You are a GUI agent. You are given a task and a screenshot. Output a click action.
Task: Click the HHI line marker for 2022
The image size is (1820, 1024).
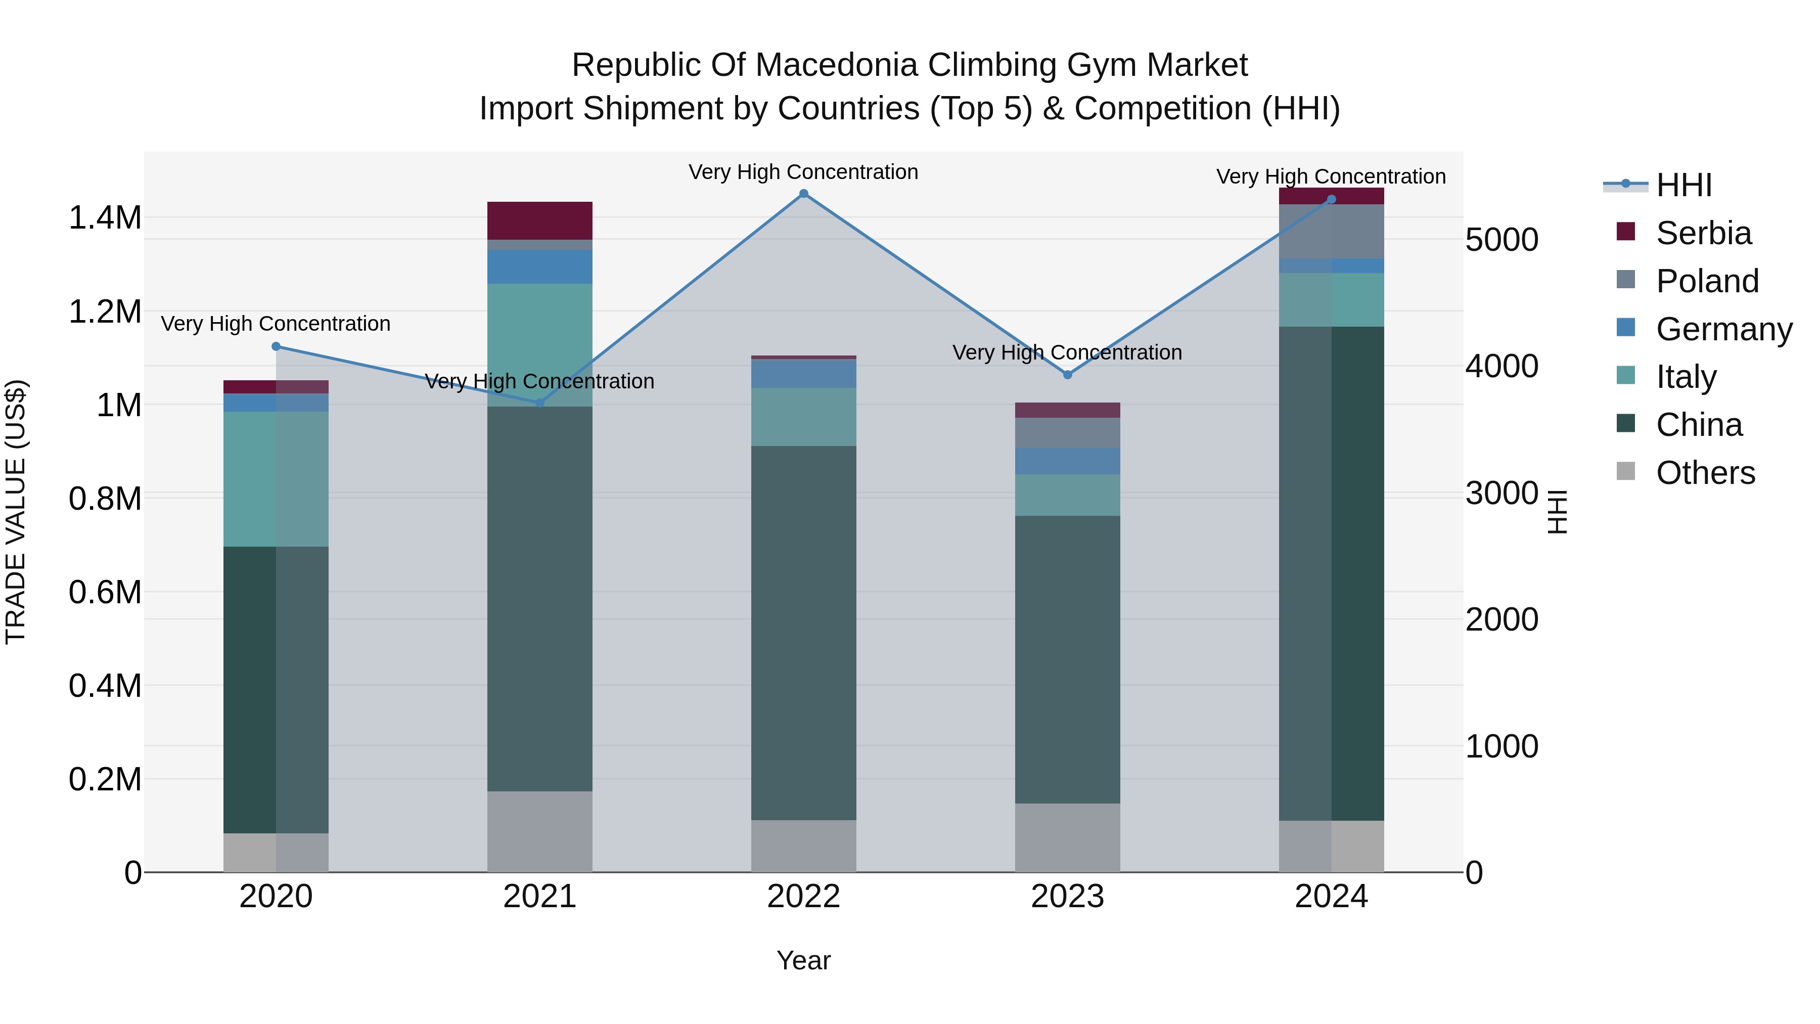pyautogui.click(x=803, y=194)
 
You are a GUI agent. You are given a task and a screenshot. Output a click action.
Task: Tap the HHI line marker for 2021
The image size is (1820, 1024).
pyautogui.click(x=540, y=403)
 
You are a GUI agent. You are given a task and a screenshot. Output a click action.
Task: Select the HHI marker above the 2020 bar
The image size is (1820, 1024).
pyautogui.click(x=276, y=346)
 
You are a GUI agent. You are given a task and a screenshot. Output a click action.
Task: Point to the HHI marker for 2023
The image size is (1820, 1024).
pyautogui.click(x=1068, y=375)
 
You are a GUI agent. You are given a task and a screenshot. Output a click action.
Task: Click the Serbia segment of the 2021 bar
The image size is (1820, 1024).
pyautogui.click(x=540, y=220)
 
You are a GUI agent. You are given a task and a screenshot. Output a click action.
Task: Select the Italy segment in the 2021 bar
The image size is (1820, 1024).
pyautogui.click(x=540, y=345)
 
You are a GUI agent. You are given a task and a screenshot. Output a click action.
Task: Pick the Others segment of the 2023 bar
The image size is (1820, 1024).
pyautogui.click(x=1068, y=837)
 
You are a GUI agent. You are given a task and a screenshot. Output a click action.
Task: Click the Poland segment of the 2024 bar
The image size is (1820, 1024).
pyautogui.click(x=1331, y=232)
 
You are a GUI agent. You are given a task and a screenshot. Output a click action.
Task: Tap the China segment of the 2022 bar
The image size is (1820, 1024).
pyautogui.click(x=803, y=633)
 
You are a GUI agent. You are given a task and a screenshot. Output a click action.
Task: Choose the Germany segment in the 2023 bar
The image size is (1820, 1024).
pyautogui.click(x=1068, y=461)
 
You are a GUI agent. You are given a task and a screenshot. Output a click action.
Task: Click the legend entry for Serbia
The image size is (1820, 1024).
pyautogui.click(x=1703, y=233)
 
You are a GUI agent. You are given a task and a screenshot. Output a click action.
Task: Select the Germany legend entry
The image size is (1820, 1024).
pyautogui.click(x=1723, y=329)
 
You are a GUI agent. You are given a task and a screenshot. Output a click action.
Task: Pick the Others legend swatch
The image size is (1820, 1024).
pyautogui.click(x=1626, y=471)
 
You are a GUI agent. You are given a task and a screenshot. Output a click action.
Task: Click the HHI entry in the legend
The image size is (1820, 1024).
pyautogui.click(x=1683, y=185)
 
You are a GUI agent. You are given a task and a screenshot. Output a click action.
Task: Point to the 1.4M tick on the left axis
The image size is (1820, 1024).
pyautogui.click(x=105, y=217)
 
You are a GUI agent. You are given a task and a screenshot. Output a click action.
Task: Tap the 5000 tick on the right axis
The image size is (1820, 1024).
pyautogui.click(x=1501, y=240)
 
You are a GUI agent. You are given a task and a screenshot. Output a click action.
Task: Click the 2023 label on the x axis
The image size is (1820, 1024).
pyautogui.click(x=1068, y=897)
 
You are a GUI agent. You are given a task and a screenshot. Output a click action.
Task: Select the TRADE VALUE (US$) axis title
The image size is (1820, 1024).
pyautogui.click(x=16, y=512)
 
